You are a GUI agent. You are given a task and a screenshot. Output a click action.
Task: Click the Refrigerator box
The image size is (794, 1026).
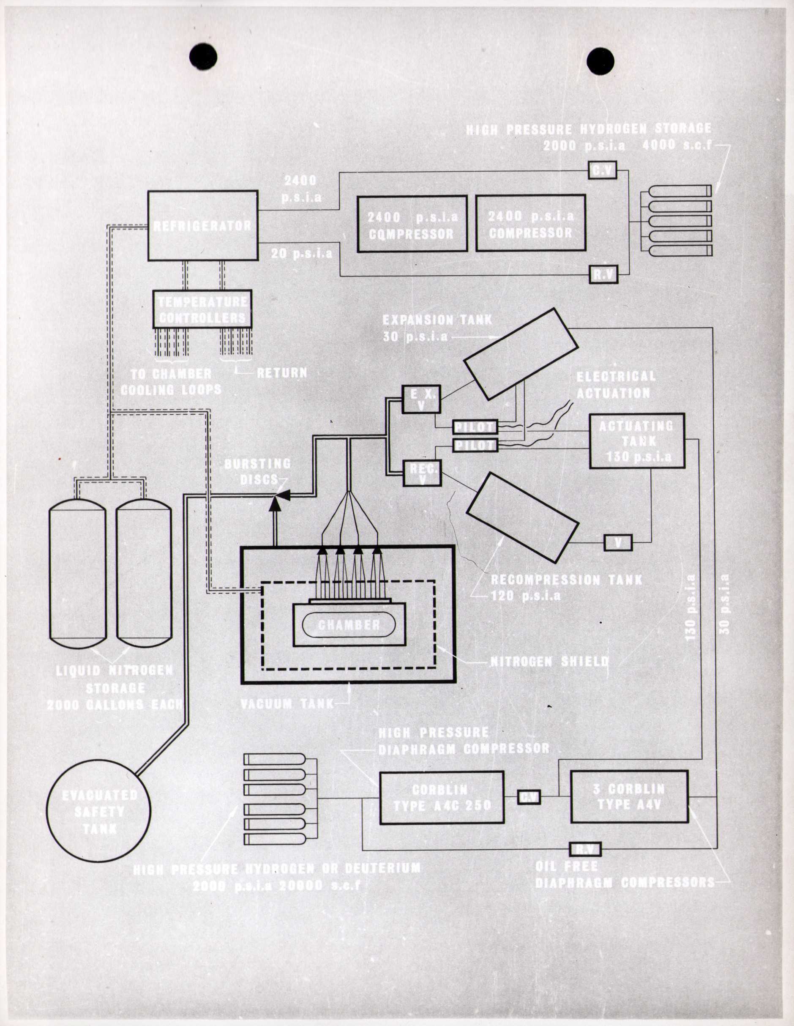coord(203,225)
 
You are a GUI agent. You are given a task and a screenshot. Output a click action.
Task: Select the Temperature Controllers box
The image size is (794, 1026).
coord(202,309)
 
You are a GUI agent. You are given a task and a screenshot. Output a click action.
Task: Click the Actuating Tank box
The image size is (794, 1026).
coord(637,440)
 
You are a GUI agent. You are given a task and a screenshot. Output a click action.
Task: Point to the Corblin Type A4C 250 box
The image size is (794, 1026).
coord(442,798)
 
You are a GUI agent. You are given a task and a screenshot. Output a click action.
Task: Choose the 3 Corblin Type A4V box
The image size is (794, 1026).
coord(629,796)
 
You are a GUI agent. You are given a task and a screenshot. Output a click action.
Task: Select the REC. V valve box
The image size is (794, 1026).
coord(422,473)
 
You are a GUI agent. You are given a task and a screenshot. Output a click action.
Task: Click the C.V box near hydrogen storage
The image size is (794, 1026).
coord(602,170)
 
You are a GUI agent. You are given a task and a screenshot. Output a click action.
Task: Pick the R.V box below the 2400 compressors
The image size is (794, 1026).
coord(603,274)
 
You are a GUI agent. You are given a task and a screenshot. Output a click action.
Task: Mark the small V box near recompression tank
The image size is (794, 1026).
coord(618,543)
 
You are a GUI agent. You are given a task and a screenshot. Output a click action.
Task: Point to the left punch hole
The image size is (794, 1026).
coord(203,57)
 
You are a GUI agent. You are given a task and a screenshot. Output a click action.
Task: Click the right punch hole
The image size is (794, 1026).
coord(600,61)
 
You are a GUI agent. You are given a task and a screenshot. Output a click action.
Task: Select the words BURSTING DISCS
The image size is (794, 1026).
coord(257,472)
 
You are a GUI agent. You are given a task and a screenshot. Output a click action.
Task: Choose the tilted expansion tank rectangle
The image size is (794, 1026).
coord(520,354)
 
